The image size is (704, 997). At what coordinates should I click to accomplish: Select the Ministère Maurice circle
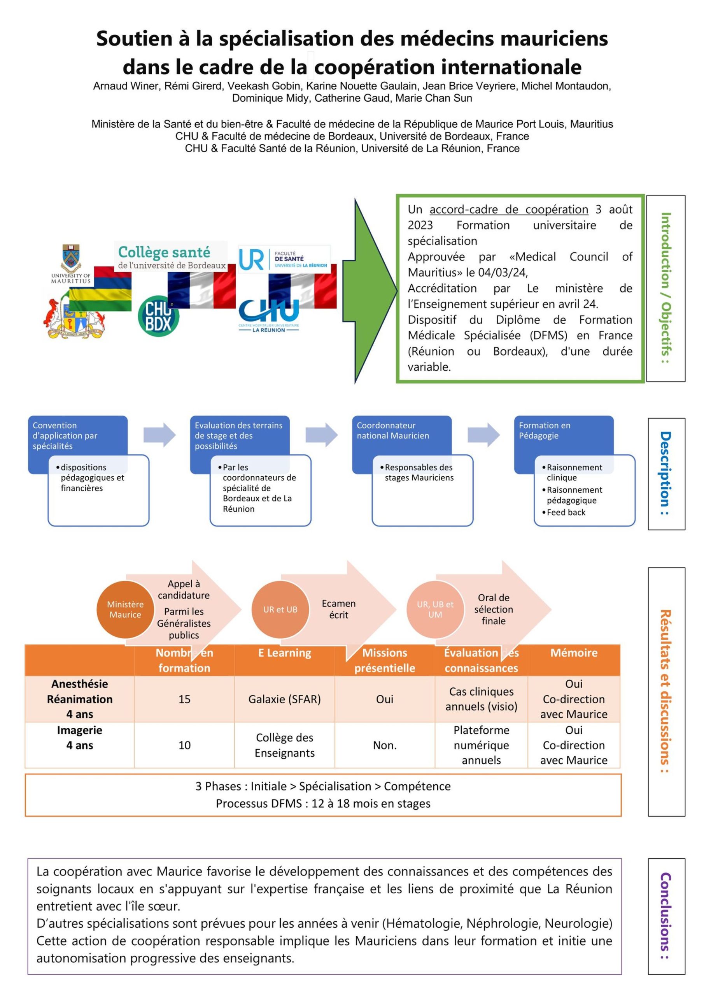click(125, 609)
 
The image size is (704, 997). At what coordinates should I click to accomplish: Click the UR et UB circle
click(280, 609)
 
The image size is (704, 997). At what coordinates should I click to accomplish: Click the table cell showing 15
click(184, 699)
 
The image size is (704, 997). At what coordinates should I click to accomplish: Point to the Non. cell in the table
click(384, 745)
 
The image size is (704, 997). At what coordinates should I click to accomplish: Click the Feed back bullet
click(566, 513)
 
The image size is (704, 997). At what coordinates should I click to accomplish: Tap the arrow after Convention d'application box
click(159, 434)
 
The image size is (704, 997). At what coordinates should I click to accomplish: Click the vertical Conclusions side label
click(665, 916)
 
